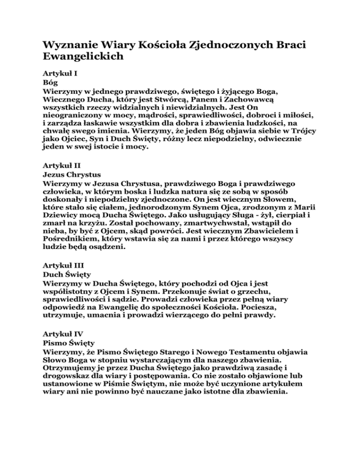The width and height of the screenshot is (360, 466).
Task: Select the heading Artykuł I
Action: coord(58,74)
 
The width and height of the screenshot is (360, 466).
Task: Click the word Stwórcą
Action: coord(175,98)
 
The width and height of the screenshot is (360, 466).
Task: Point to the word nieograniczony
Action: coord(75,115)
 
